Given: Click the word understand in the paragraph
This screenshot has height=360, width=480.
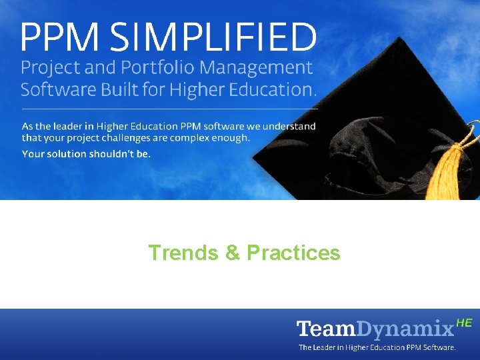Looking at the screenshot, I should click(287, 126).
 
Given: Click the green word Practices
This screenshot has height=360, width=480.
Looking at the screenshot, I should click(293, 253).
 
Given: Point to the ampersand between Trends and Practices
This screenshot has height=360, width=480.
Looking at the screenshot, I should click(232, 253).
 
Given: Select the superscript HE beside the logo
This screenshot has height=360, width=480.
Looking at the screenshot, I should click(465, 323).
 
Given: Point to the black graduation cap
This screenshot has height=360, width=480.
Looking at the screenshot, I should click(373, 120).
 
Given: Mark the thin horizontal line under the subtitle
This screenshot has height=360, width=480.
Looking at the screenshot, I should click(169, 108).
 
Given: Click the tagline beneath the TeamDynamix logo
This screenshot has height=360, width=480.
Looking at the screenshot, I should click(377, 347).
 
